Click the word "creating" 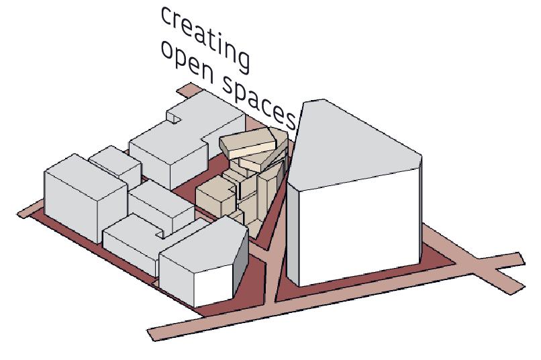click(x=205, y=37)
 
